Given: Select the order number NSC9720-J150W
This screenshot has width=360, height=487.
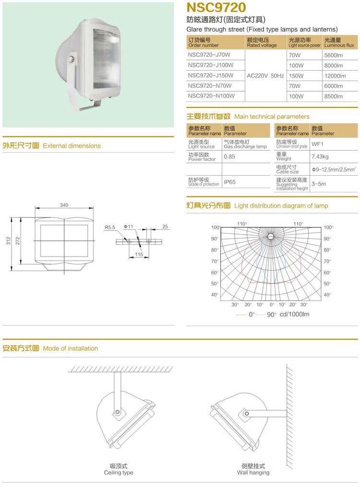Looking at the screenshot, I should click(x=211, y=76).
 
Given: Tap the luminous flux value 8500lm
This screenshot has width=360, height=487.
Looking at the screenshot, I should click(x=334, y=97).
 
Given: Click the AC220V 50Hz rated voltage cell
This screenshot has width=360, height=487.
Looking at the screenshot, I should click(x=265, y=76).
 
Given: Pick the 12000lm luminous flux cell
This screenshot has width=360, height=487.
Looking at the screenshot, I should click(x=335, y=76).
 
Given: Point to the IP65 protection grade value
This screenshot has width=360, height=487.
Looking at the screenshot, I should click(x=230, y=182).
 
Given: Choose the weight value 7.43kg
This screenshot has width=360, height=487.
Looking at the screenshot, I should click(x=320, y=157).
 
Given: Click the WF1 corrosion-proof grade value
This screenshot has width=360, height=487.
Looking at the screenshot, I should click(x=318, y=144).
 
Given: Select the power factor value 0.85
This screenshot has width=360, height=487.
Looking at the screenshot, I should click(x=229, y=157).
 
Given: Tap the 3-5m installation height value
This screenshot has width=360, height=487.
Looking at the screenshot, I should click(x=319, y=184).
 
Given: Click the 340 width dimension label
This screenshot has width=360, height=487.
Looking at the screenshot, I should click(x=64, y=205).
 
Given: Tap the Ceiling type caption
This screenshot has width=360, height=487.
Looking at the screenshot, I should click(x=119, y=473).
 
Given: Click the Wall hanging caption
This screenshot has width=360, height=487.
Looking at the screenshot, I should click(x=253, y=473).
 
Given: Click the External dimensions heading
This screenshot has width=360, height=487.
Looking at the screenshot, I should click(x=72, y=146).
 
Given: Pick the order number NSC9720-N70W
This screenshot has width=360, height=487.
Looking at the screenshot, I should click(x=210, y=86).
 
